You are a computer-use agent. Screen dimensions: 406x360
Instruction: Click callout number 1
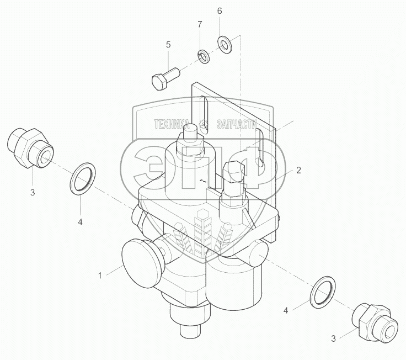coord(100,276)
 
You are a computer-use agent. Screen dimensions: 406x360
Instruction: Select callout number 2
coord(298,170)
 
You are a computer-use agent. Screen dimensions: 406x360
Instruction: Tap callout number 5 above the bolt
coord(168,45)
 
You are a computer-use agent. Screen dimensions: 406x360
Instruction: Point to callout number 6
coord(220,11)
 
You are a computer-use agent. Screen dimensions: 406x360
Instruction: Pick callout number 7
coord(199,25)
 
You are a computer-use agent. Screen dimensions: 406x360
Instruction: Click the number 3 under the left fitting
coord(33,193)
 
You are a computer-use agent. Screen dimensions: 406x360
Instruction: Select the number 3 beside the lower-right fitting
coord(333,338)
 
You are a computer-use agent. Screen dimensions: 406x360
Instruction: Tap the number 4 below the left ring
coord(80,222)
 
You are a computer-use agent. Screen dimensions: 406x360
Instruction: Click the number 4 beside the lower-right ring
coord(286,310)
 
